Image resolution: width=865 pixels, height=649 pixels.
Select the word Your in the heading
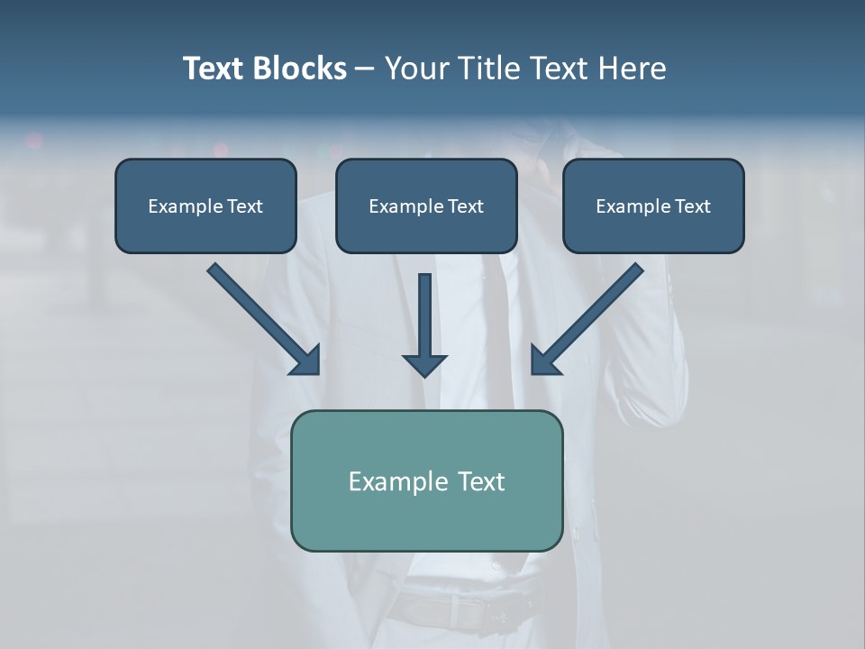pyautogui.click(x=416, y=68)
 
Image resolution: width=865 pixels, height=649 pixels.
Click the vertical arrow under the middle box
pyautogui.click(x=425, y=315)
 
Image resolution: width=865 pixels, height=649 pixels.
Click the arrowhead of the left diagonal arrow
pyautogui.click(x=306, y=361)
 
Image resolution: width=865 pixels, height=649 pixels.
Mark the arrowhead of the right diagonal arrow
pyautogui.click(x=544, y=361)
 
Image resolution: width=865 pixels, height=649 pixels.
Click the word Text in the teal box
pyautogui.click(x=478, y=481)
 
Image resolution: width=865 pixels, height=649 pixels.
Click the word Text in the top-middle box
pyautogui.click(x=465, y=206)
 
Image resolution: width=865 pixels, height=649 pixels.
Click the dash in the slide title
pyautogui.click(x=365, y=69)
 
